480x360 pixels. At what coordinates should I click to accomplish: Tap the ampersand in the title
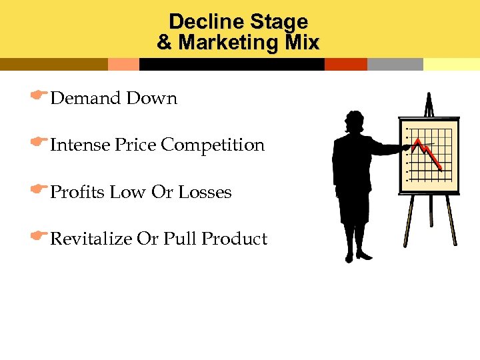click(164, 43)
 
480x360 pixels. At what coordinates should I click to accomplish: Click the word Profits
click(78, 193)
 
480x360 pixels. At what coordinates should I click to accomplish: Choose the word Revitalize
click(91, 239)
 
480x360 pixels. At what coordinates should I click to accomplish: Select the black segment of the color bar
click(231, 65)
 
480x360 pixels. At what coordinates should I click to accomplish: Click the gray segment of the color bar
click(395, 65)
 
